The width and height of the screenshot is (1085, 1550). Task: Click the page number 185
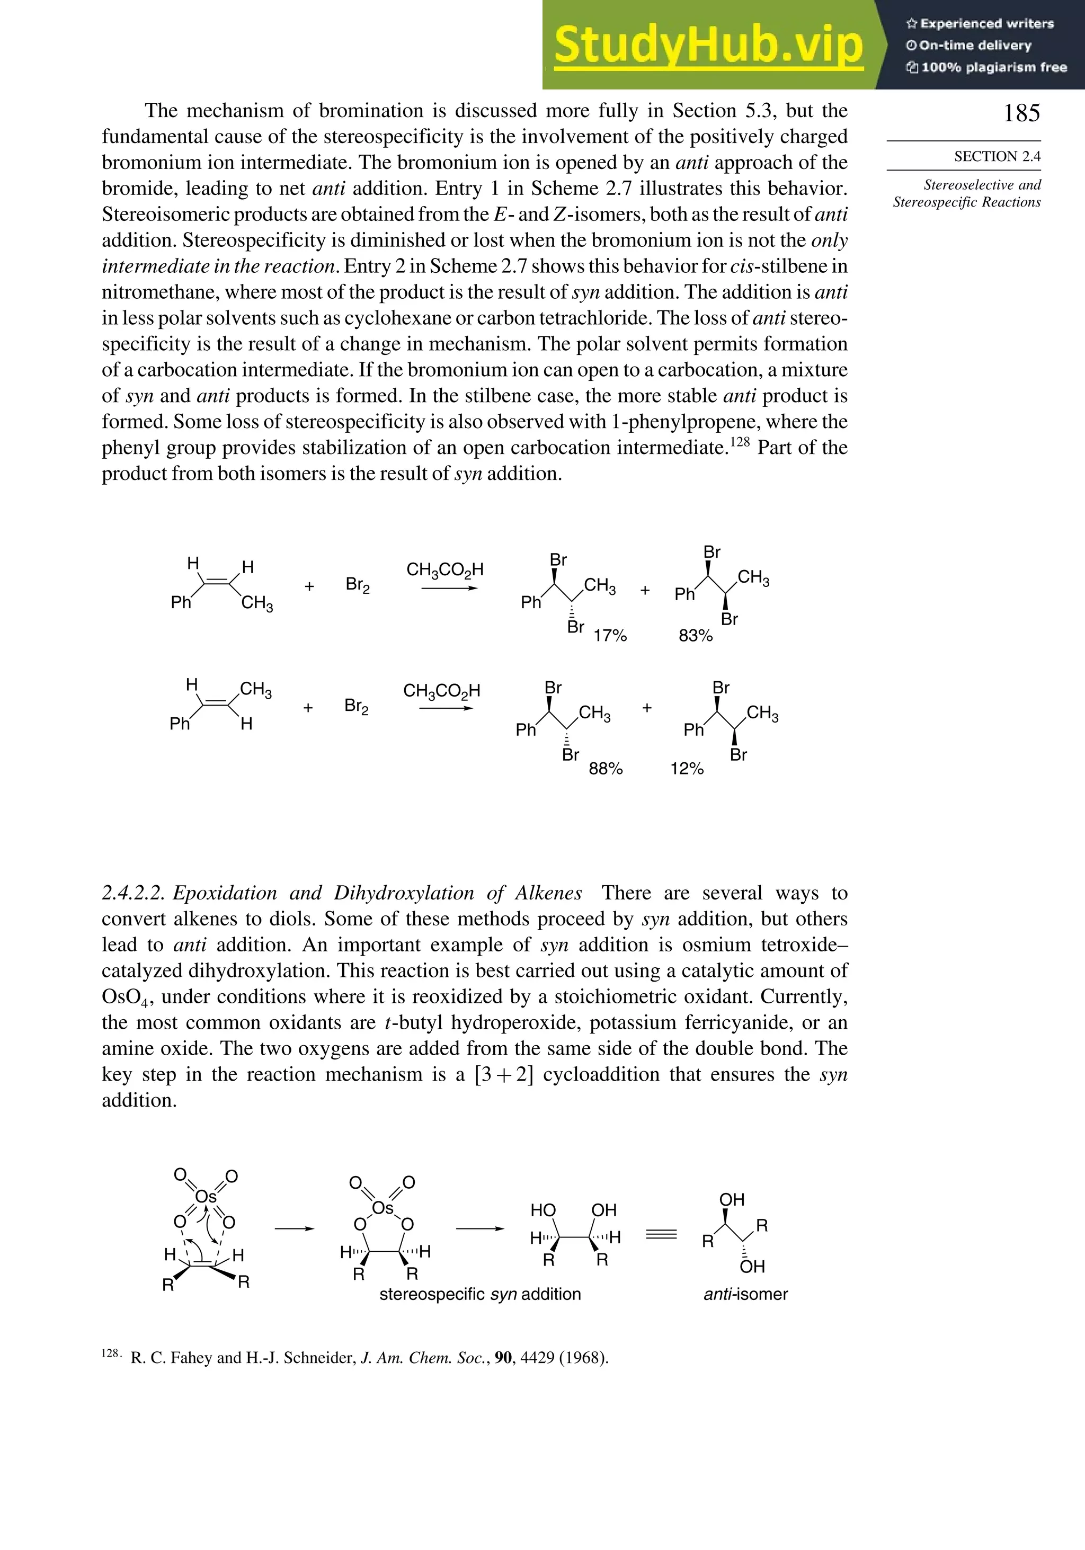[x=1021, y=113]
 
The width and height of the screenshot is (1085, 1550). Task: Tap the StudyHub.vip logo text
[x=708, y=46]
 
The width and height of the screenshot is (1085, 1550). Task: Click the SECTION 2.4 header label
[x=997, y=157]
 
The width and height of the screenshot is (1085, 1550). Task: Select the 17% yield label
[x=610, y=636]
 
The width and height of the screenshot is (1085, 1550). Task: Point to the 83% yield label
[x=696, y=636]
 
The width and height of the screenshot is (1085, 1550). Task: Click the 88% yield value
[x=606, y=769]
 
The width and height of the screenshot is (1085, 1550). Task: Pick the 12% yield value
[x=687, y=769]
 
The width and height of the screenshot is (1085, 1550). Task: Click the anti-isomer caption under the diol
[x=745, y=1294]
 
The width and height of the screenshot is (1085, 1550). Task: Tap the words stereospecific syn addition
[x=480, y=1294]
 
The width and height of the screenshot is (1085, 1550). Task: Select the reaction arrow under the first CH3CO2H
[x=449, y=589]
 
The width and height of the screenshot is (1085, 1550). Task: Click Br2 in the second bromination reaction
[x=357, y=706]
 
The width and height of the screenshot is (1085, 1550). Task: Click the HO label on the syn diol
[x=543, y=1210]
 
